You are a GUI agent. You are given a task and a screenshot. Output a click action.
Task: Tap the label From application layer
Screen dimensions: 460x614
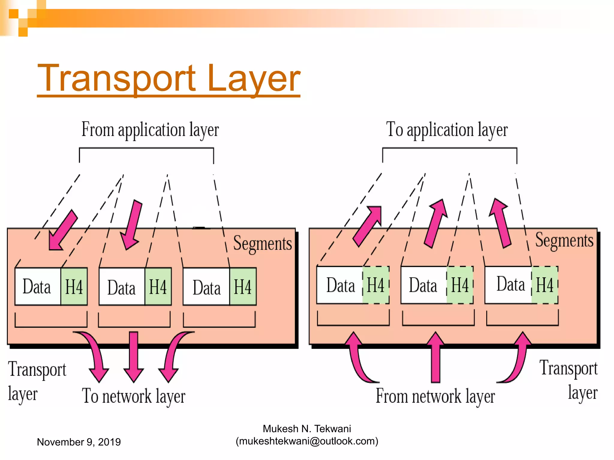pyautogui.click(x=150, y=130)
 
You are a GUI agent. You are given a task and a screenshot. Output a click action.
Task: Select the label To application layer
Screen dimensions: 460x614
pyautogui.click(x=447, y=130)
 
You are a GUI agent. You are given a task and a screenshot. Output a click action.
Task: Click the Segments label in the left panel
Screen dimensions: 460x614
pyautogui.click(x=262, y=243)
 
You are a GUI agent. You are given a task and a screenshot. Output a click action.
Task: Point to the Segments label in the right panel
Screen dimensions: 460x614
pyautogui.click(x=564, y=240)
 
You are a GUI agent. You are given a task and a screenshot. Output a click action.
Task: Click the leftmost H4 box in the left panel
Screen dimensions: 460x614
pyautogui.click(x=74, y=287)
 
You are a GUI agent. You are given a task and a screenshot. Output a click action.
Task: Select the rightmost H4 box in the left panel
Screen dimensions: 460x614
pyautogui.click(x=243, y=287)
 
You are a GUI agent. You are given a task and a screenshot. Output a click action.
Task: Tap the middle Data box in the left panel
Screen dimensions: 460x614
pyautogui.click(x=122, y=287)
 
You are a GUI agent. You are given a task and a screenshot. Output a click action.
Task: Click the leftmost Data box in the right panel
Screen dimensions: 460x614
pyautogui.click(x=340, y=285)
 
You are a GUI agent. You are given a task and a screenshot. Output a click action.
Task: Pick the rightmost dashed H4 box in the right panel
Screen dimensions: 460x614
pyautogui.click(x=545, y=285)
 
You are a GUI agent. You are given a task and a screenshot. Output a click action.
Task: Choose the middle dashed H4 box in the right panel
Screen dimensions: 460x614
pyautogui.click(x=460, y=285)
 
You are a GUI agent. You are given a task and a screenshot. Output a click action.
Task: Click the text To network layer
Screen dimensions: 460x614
pyautogui.click(x=134, y=396)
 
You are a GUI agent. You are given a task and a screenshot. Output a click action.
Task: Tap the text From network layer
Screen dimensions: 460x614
pyautogui.click(x=435, y=396)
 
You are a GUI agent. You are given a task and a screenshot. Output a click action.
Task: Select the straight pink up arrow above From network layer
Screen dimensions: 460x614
pyautogui.click(x=436, y=356)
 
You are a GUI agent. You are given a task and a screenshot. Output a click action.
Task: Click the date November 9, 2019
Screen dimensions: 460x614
pyautogui.click(x=79, y=442)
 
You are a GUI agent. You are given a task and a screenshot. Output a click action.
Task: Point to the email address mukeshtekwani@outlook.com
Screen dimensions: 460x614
pyautogui.click(x=307, y=441)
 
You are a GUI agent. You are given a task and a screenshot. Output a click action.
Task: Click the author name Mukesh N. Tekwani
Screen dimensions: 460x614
pyautogui.click(x=307, y=429)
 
